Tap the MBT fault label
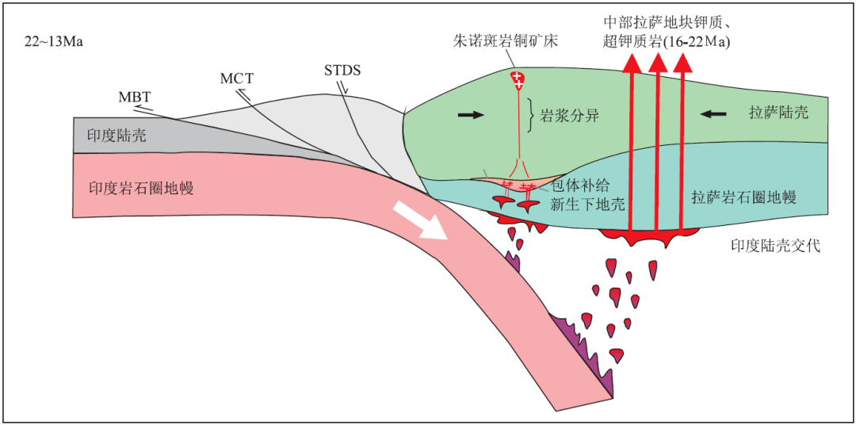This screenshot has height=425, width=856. pyautogui.click(x=135, y=97)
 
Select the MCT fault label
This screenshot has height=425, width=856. pyautogui.click(x=235, y=78)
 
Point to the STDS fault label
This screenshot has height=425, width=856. pyautogui.click(x=342, y=70)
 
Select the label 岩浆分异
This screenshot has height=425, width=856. pyautogui.click(x=571, y=116)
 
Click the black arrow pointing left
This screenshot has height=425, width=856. pyautogui.click(x=713, y=114)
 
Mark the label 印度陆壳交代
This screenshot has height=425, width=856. pyautogui.click(x=775, y=246)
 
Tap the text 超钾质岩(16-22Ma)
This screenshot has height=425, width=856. pyautogui.click(x=667, y=40)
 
